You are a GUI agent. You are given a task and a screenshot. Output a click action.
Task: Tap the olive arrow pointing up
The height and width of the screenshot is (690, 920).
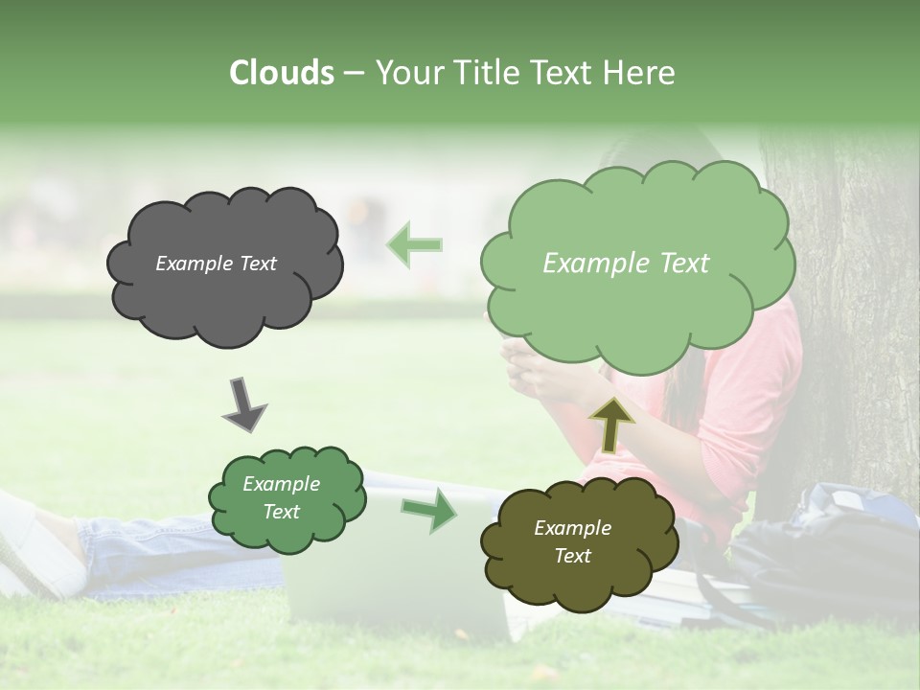tap(611, 425)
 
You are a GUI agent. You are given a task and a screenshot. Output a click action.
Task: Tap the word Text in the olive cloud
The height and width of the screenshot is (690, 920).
tap(572, 556)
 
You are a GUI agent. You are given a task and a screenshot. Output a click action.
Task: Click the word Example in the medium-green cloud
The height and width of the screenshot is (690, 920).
tap(281, 485)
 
